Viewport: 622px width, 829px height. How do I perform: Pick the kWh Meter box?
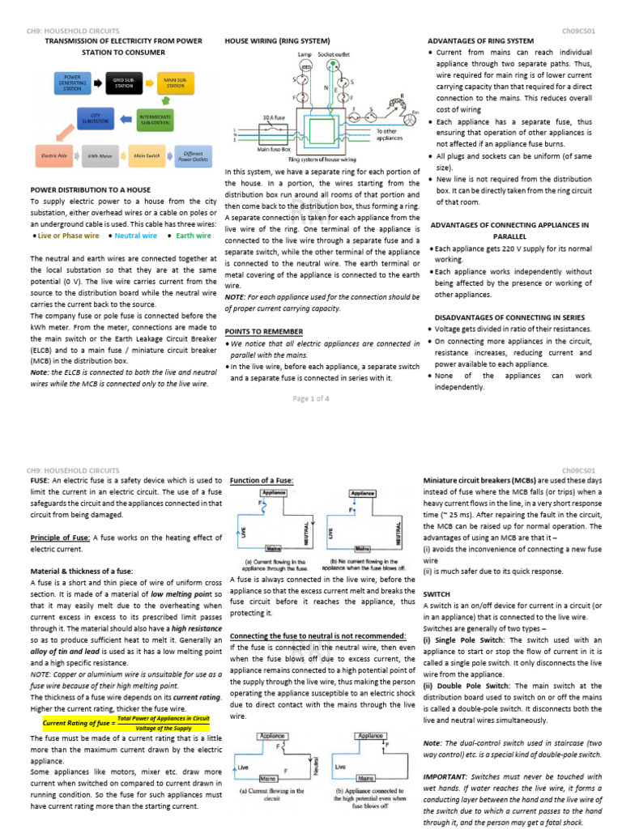100,154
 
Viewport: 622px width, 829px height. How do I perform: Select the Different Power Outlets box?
193,154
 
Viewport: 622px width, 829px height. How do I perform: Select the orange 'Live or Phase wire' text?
67,236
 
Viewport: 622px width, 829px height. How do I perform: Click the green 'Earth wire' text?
193,236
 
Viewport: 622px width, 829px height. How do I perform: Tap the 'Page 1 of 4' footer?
310,399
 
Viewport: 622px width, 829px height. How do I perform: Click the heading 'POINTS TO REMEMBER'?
264,332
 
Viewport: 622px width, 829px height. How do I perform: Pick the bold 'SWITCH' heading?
437,593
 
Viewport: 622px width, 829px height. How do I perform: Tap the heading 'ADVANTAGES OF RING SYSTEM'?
480,40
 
